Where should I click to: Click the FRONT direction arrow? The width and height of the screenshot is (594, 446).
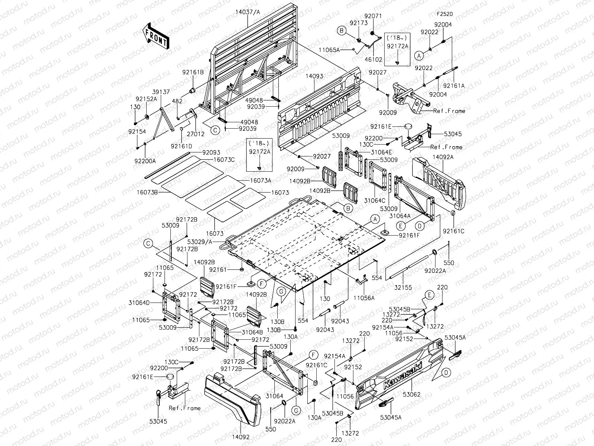[x=156, y=36]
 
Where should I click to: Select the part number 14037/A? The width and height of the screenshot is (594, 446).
[x=248, y=12]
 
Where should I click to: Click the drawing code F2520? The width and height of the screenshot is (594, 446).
[x=445, y=14]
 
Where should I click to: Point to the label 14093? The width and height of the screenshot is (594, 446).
[x=314, y=76]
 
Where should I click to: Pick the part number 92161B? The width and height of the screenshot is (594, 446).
[x=193, y=72]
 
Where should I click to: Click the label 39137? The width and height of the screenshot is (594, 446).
[x=161, y=92]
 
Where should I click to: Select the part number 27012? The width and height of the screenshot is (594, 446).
[x=196, y=134]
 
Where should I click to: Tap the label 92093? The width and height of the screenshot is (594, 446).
[x=211, y=153]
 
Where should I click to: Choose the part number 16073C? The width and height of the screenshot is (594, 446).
[x=224, y=160]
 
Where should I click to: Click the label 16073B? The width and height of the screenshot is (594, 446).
[x=147, y=193]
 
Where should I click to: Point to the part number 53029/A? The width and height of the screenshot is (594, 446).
[x=200, y=242]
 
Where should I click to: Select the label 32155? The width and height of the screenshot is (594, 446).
[x=403, y=288]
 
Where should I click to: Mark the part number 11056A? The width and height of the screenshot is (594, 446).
[x=364, y=298]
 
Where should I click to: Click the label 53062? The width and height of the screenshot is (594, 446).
[x=412, y=395]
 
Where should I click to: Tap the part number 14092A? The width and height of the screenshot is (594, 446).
[x=443, y=157]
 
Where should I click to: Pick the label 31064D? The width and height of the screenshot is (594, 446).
[x=139, y=303]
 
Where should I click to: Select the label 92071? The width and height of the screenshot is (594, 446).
[x=373, y=16]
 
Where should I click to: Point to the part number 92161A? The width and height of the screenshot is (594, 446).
[x=454, y=86]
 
